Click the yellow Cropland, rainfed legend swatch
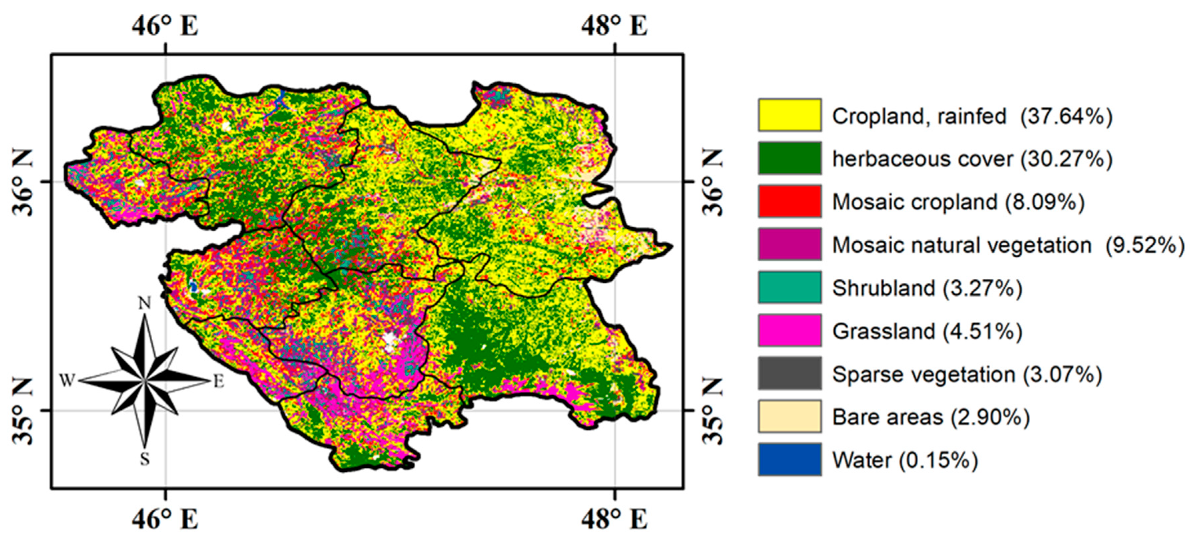pos(790,115)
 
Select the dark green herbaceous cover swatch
pos(790,158)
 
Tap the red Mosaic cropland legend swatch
pos(790,201)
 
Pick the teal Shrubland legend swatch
pos(790,287)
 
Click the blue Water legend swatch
pos(790,459)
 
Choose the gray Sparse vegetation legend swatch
pos(790,373)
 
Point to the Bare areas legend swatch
pos(790,416)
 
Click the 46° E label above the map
pos(165,26)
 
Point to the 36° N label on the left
pos(22,182)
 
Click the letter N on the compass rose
pos(145,303)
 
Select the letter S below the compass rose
pos(145,459)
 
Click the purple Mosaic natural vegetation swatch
pos(790,244)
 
